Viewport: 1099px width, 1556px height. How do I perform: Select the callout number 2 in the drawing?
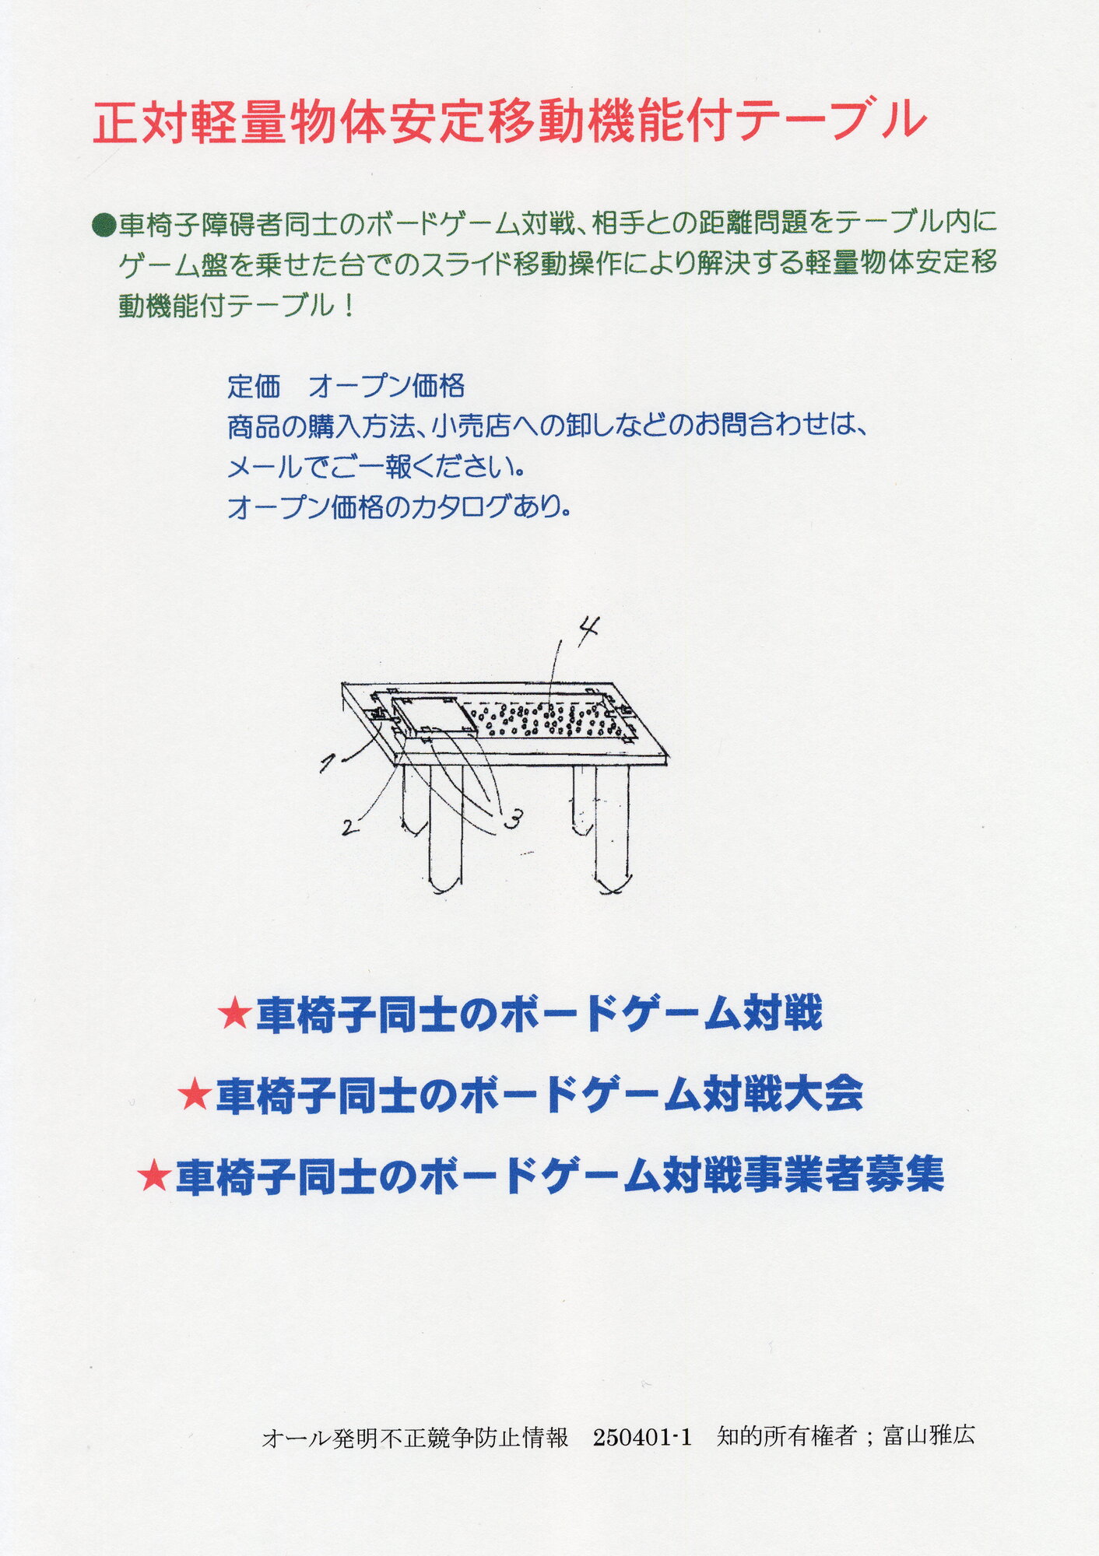tap(350, 827)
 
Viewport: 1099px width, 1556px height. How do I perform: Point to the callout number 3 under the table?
tap(513, 818)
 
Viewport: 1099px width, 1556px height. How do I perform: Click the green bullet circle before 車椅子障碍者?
tap(104, 226)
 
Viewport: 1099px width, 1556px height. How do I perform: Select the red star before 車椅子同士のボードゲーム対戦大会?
tap(194, 1096)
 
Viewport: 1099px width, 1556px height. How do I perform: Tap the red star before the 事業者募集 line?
tap(153, 1176)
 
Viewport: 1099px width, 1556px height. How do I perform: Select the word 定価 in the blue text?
tap(254, 387)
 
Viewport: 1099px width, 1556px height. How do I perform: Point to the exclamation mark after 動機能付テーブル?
tap(348, 306)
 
